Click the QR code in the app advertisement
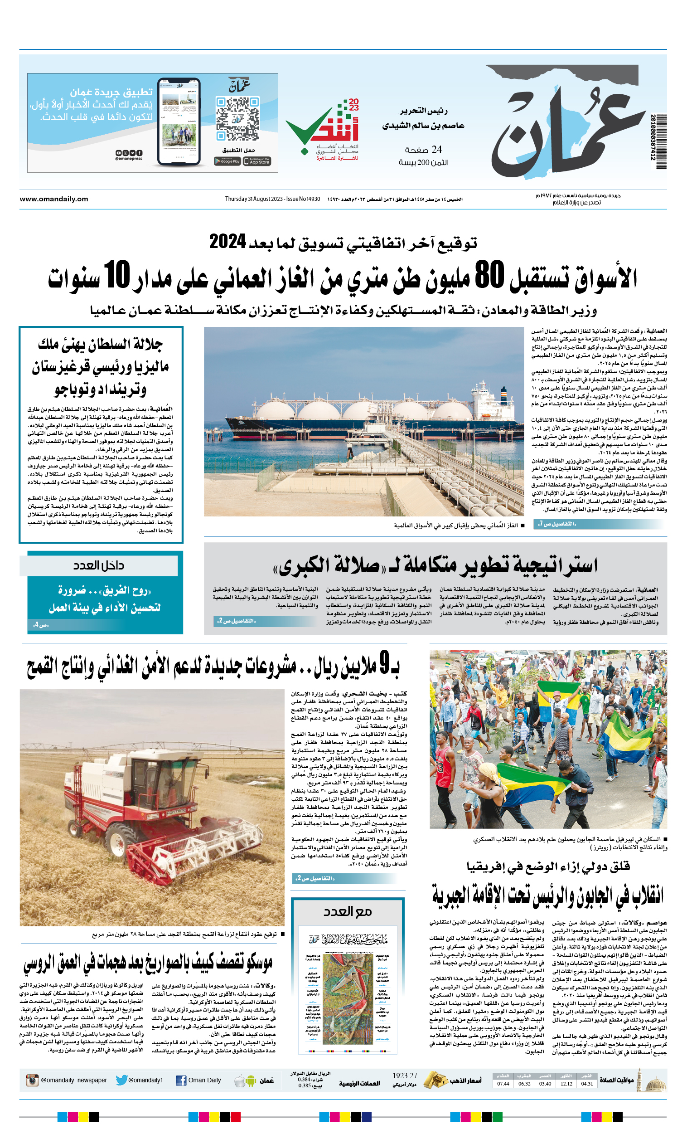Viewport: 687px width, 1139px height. tap(237, 119)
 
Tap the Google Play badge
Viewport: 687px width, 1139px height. tap(227, 161)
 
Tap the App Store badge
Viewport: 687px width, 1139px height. tap(257, 161)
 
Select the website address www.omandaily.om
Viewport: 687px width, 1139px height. tap(53, 199)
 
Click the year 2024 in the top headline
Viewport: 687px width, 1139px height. tap(227, 242)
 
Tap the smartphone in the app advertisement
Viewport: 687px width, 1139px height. tap(179, 122)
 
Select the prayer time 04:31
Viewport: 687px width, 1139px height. tap(587, 1084)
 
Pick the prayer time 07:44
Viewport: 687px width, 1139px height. tap(503, 1084)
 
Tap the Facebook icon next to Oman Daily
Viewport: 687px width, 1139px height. tap(181, 1081)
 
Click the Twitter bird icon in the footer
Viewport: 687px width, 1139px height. tap(121, 1080)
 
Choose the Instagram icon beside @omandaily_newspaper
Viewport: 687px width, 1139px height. tap(32, 1081)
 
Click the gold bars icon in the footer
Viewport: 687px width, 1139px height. tap(434, 1079)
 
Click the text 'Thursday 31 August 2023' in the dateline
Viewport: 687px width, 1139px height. tap(254, 199)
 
